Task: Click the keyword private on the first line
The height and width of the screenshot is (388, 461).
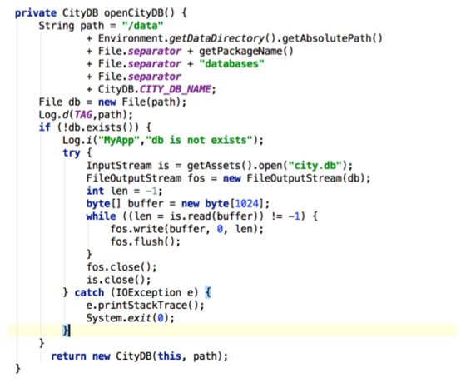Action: tap(36, 13)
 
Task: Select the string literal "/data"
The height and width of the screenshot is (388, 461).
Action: tap(142, 26)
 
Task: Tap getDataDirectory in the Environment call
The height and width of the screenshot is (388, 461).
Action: tap(216, 39)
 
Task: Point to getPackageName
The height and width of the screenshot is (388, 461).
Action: tap(240, 52)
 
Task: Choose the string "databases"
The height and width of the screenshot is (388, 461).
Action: tap(231, 64)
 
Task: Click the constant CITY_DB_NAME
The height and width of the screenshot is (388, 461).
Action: tap(176, 89)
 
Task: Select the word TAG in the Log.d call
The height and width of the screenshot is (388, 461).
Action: tap(83, 115)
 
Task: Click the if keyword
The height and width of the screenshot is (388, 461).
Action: tap(45, 127)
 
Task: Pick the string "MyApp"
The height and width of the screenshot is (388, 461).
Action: tap(119, 141)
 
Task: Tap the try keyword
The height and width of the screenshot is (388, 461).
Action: tap(72, 153)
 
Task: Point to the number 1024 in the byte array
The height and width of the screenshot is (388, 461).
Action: tap(246, 203)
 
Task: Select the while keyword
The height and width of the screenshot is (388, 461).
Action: tap(102, 216)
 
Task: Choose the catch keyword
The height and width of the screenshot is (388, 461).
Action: tap(89, 293)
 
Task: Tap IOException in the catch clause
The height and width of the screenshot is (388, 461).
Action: tap(148, 293)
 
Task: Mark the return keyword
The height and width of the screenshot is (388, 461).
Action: tap(68, 356)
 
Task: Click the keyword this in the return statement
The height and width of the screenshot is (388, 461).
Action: tap(170, 356)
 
